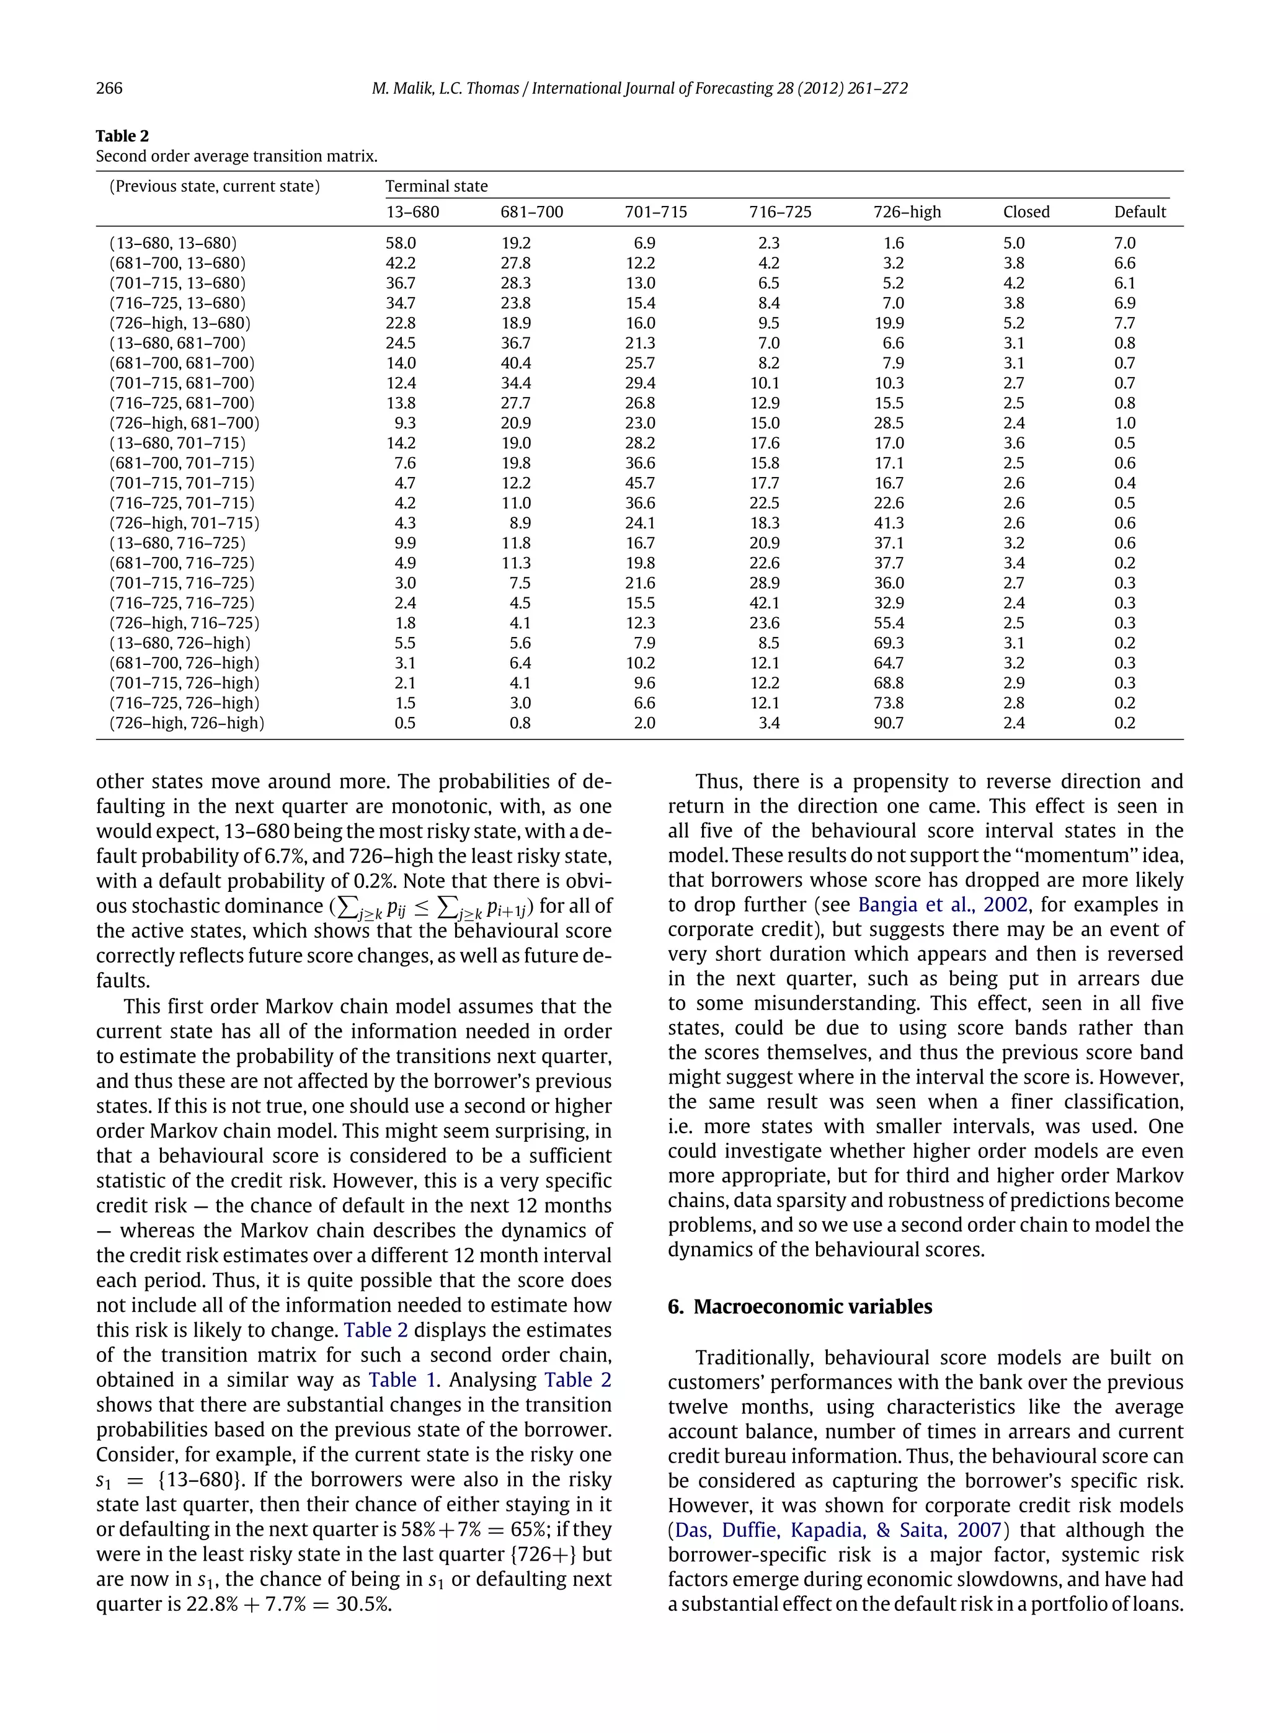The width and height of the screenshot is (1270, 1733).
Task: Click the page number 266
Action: [109, 89]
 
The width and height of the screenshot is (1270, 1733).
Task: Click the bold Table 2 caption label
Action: [122, 136]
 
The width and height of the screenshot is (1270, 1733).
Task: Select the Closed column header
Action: [1026, 212]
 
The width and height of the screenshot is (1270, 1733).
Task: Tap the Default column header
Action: [1139, 212]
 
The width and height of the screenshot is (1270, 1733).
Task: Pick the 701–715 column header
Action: [655, 212]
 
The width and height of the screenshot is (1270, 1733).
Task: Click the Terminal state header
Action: [436, 186]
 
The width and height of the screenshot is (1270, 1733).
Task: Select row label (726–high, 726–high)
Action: [186, 723]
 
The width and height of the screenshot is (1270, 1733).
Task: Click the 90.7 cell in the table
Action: [888, 723]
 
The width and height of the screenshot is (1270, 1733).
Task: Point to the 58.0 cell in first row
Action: [401, 243]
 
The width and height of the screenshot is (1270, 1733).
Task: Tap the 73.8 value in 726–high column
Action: [888, 703]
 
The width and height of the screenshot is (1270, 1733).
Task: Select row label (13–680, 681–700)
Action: [177, 343]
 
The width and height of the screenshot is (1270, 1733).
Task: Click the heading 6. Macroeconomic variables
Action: [799, 1306]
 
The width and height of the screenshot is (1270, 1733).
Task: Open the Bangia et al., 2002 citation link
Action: [943, 905]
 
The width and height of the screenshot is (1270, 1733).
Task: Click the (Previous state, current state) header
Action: [215, 186]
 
